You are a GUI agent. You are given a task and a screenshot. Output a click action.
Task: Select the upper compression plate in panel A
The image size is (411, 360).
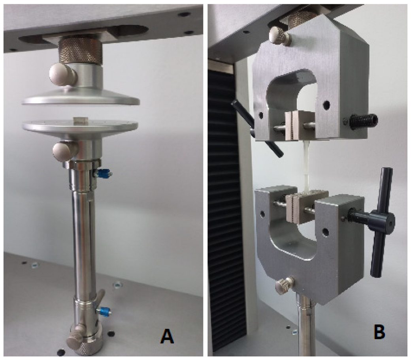(81, 97)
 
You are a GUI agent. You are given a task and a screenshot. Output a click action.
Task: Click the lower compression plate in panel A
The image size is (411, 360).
(80, 127)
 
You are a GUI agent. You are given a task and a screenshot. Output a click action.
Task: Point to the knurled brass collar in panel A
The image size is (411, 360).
(80, 52)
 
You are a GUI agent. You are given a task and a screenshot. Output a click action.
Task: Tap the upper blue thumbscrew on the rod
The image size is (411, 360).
(103, 173)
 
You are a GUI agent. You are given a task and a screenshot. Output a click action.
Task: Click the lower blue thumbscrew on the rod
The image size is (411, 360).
(104, 311)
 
